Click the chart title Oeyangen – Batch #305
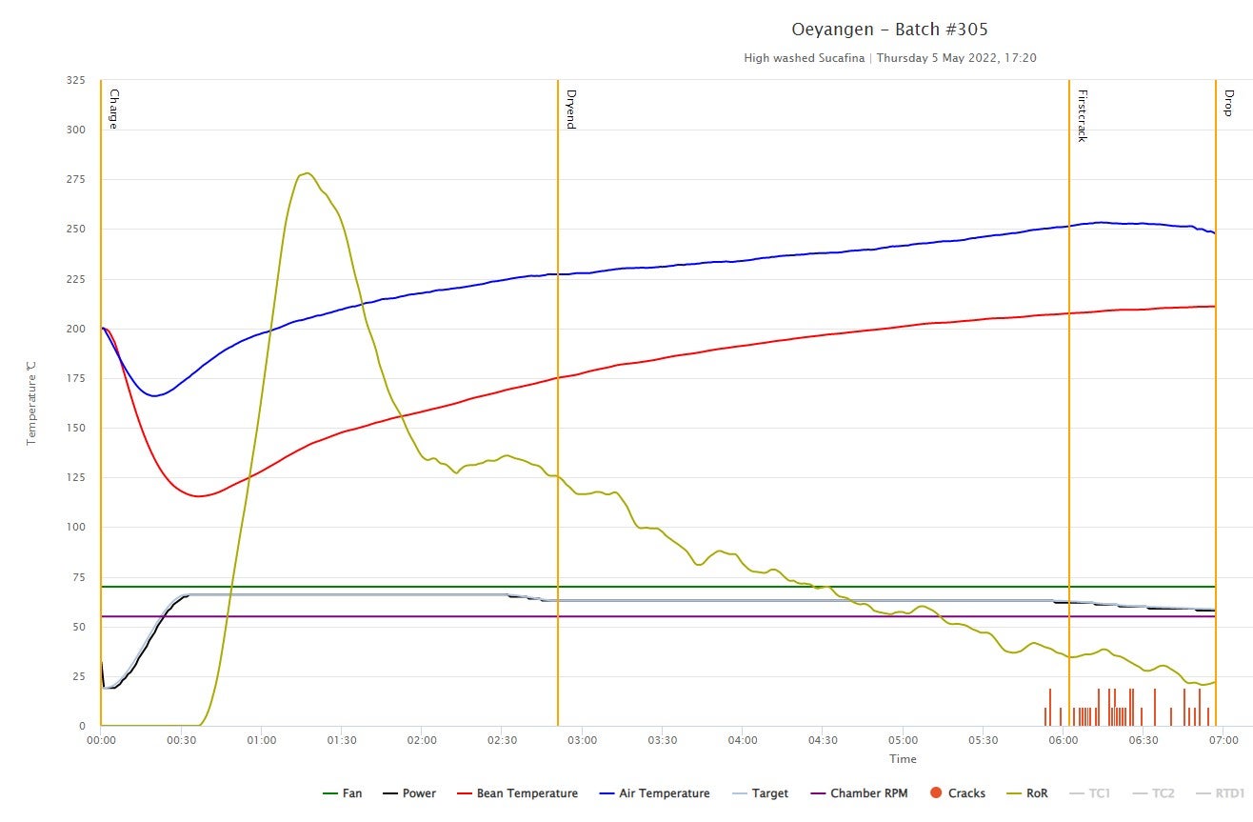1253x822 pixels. coord(890,30)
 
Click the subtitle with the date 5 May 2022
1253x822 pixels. coord(890,58)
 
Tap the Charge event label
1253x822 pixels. coord(113,109)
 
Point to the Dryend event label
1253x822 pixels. coord(570,109)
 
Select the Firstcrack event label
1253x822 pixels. coord(1082,115)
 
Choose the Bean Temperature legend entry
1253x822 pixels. coord(517,793)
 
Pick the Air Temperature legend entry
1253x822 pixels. coord(654,793)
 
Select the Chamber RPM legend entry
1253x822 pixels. coord(857,793)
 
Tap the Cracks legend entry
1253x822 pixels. coord(957,793)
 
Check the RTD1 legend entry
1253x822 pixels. coord(1222,793)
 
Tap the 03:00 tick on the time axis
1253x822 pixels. coord(582,740)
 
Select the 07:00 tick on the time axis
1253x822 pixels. coord(1223,740)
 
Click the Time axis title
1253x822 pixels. coord(903,759)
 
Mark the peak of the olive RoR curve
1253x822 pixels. coord(306,173)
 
